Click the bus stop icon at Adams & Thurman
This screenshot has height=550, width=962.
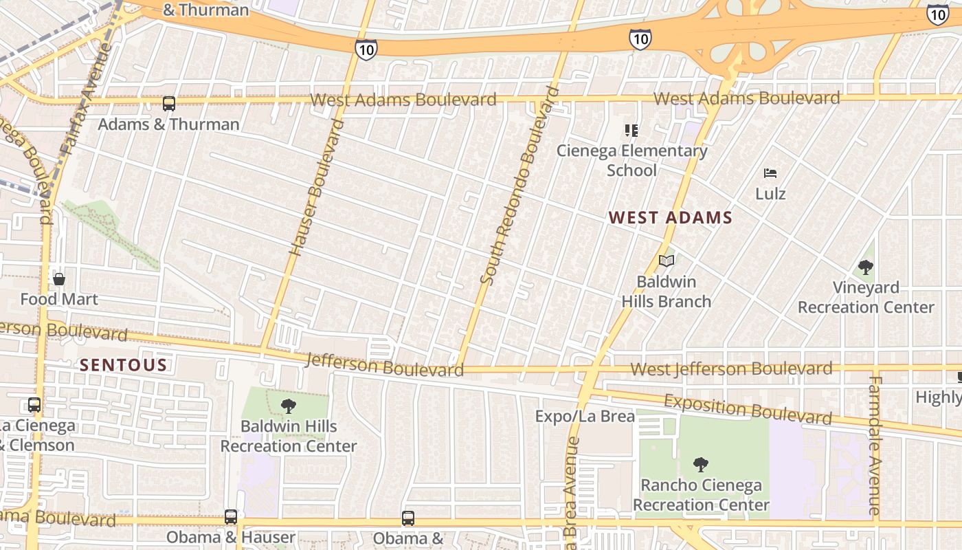pyautogui.click(x=168, y=104)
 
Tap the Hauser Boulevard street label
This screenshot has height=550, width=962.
pyautogui.click(x=317, y=187)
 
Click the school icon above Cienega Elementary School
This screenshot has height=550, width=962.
pyautogui.click(x=631, y=131)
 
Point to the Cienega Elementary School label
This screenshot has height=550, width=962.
pyautogui.click(x=631, y=160)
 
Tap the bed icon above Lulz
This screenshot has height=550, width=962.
pyautogui.click(x=770, y=173)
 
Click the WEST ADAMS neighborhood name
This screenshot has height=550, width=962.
pyautogui.click(x=671, y=218)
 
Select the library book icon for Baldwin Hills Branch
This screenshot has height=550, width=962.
pyautogui.click(x=666, y=261)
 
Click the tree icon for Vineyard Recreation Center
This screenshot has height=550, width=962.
pyautogui.click(x=866, y=267)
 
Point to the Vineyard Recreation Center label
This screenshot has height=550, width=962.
pyautogui.click(x=866, y=297)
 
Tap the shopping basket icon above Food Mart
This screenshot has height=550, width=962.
pyautogui.click(x=59, y=279)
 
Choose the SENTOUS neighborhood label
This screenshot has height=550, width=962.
pyautogui.click(x=124, y=364)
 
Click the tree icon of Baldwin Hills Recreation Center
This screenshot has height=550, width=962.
pyautogui.click(x=289, y=406)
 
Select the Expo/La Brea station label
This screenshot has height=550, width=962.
pyautogui.click(x=585, y=416)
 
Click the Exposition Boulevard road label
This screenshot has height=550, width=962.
pyautogui.click(x=748, y=409)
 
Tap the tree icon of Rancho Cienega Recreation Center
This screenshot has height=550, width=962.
pyautogui.click(x=700, y=465)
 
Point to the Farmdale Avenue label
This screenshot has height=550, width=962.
pyautogui.click(x=875, y=445)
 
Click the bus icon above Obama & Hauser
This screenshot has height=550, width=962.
pyautogui.click(x=231, y=516)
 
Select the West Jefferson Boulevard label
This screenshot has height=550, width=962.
pyautogui.click(x=731, y=369)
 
